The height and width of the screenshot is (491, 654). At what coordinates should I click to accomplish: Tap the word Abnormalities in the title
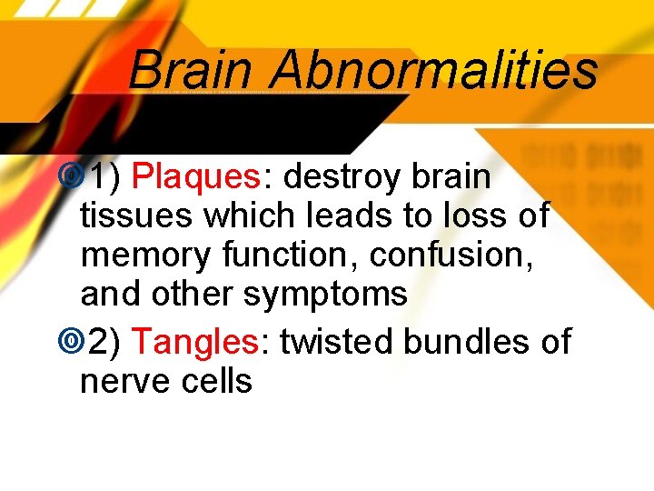(434, 70)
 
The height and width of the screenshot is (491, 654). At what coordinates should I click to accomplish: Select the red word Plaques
(196, 176)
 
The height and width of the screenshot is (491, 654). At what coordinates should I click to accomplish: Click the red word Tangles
(196, 342)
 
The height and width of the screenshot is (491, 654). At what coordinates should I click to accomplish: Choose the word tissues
(136, 215)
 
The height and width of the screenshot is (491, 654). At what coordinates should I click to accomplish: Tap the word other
(193, 295)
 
